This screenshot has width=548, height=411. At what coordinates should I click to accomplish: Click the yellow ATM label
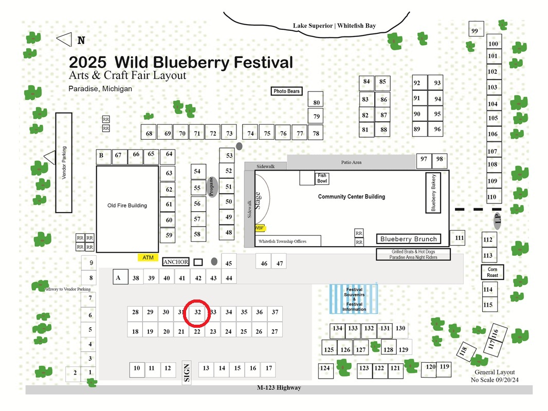[148, 257]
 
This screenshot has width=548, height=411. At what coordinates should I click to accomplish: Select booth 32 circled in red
[197, 312]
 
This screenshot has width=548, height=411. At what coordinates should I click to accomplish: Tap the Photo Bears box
[286, 91]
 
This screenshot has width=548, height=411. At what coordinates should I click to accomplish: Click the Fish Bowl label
[322, 178]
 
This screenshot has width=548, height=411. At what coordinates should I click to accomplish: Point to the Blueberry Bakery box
[433, 193]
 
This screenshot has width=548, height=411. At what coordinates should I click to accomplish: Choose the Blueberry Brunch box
[409, 239]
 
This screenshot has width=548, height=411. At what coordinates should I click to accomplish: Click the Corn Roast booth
[492, 272]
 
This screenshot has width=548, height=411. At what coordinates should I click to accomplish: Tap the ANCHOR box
[175, 262]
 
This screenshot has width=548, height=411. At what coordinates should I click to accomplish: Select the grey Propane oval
[211, 187]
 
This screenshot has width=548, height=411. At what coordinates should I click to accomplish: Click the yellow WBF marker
[260, 228]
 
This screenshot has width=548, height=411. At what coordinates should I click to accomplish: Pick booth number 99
[476, 29]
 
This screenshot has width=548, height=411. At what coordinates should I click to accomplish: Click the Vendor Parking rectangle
[64, 163]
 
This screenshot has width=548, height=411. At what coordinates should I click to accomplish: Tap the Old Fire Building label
[127, 206]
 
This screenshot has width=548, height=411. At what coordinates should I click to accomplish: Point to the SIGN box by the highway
[187, 372]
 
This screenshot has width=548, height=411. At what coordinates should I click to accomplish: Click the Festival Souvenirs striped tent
[354, 299]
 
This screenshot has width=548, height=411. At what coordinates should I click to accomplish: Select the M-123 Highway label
[279, 387]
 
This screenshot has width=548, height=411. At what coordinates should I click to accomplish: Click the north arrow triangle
[65, 40]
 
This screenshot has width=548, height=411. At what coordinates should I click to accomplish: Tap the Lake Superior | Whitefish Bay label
[335, 26]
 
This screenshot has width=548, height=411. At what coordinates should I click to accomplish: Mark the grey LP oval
[497, 220]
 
